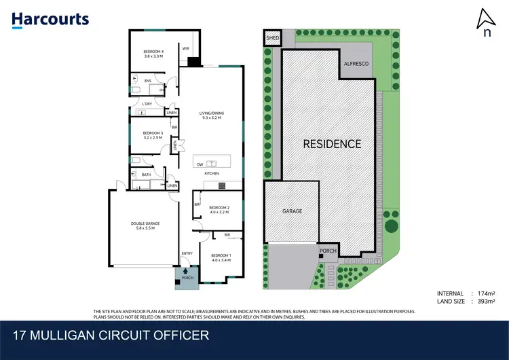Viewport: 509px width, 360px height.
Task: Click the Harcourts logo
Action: [x=50, y=19]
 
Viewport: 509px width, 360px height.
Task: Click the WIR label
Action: [x=185, y=48]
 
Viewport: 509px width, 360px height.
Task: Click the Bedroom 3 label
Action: [x=152, y=135]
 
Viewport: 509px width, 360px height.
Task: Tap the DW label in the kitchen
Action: [x=200, y=164]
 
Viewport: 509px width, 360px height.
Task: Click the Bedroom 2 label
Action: [x=219, y=209]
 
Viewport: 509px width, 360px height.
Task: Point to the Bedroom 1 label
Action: [x=221, y=258]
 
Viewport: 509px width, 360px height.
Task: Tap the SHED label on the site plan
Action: [x=272, y=39]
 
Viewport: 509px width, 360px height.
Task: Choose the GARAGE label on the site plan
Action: [x=292, y=211]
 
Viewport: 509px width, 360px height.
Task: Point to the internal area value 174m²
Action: [x=485, y=293]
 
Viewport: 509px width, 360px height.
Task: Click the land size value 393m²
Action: [x=485, y=300]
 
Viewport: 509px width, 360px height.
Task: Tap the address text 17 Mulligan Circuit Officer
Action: [x=111, y=335]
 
